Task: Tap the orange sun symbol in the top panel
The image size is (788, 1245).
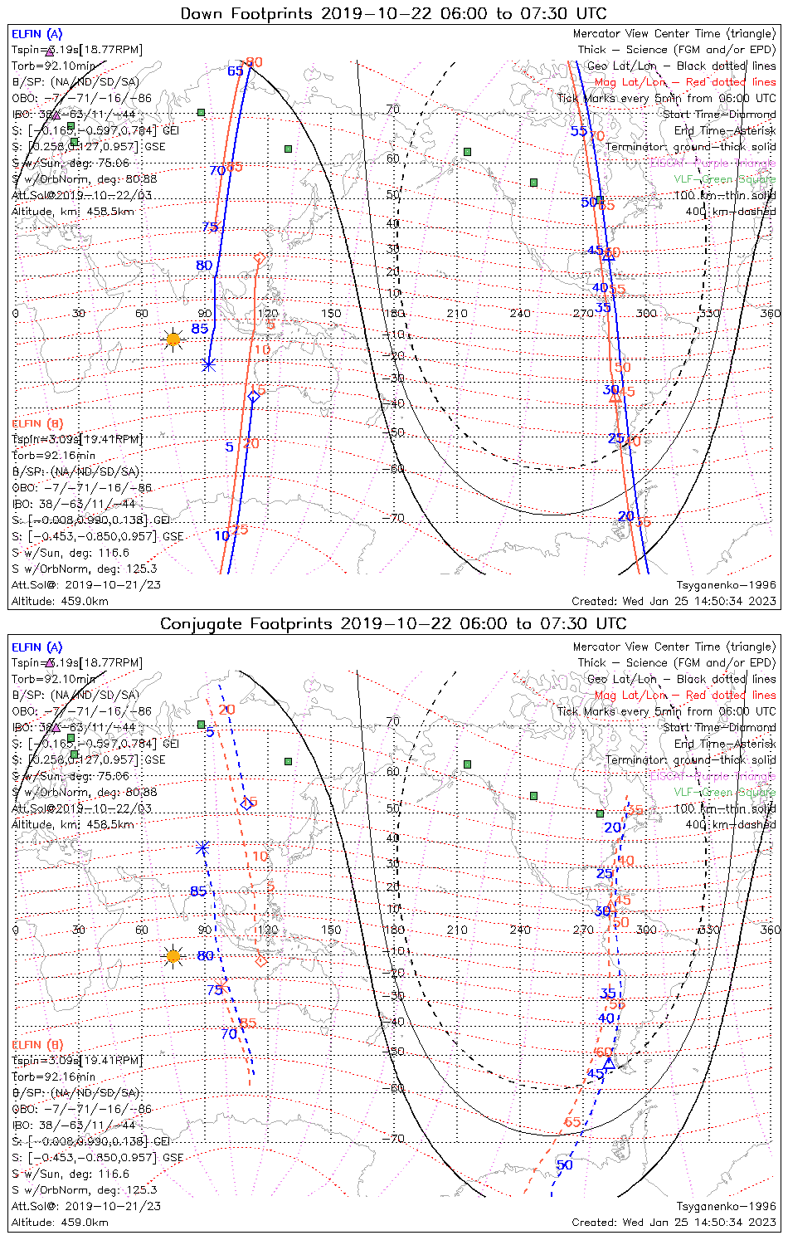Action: click(x=173, y=339)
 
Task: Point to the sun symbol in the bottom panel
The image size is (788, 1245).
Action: click(x=173, y=956)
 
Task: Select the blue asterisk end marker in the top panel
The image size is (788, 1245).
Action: click(x=208, y=364)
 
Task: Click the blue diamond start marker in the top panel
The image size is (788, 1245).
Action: click(x=254, y=397)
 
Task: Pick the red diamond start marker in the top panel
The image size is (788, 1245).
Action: click(x=259, y=259)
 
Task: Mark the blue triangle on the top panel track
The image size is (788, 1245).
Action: click(x=608, y=255)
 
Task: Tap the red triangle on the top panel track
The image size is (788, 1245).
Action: click(x=615, y=398)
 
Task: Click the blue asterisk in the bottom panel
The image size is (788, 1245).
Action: click(x=202, y=847)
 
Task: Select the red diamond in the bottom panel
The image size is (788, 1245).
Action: click(x=261, y=961)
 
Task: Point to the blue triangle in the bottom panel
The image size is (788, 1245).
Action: click(x=609, y=1062)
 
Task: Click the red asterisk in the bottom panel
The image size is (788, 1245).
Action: click(x=222, y=986)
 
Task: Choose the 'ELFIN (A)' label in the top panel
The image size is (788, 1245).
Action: click(x=36, y=34)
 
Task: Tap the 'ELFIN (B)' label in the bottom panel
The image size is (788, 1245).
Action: click(x=37, y=1044)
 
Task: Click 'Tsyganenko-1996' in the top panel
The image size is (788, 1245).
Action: click(x=726, y=585)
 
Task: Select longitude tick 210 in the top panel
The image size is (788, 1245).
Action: click(x=457, y=314)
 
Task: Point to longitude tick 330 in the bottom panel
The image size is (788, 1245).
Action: click(x=710, y=930)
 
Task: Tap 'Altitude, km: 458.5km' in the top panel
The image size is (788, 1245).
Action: click(x=73, y=212)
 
